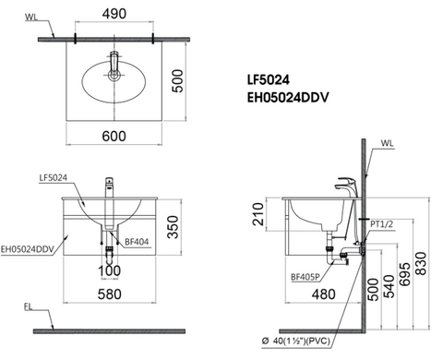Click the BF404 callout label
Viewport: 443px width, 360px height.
pyautogui.click(x=137, y=242)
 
